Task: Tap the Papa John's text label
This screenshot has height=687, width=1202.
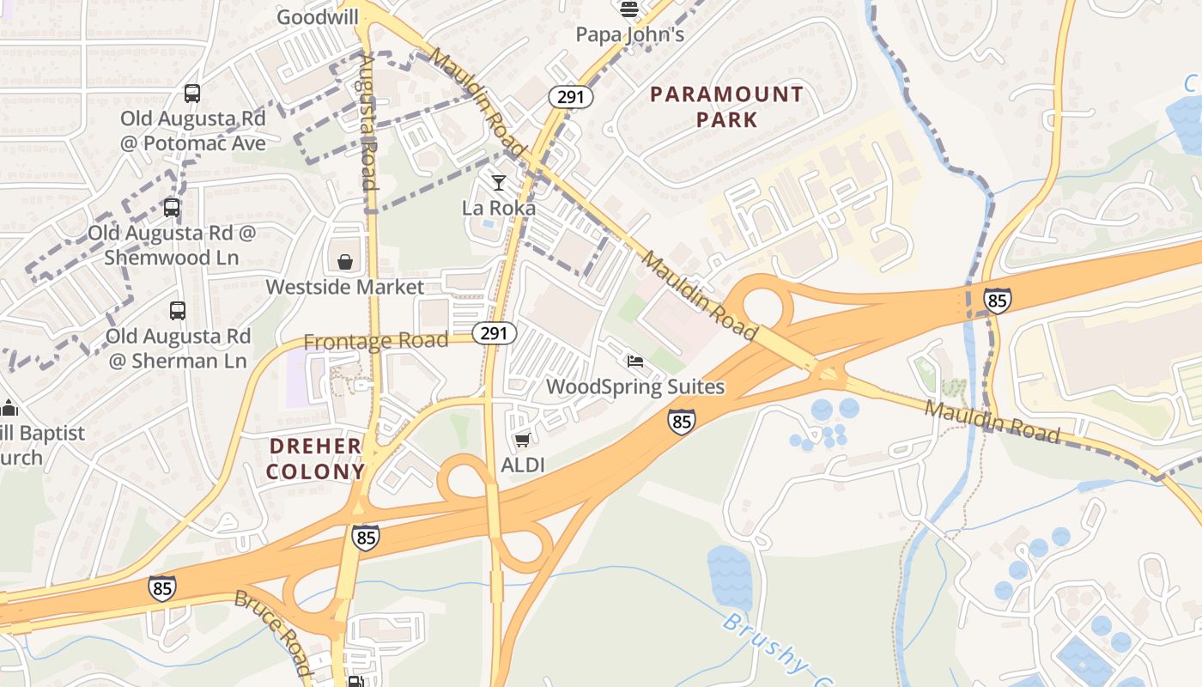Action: (629, 34)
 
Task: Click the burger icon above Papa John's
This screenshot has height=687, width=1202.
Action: (629, 9)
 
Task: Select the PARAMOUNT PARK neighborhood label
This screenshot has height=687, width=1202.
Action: (726, 106)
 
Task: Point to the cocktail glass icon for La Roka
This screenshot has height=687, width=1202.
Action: (499, 182)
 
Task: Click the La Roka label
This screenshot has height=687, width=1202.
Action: (499, 208)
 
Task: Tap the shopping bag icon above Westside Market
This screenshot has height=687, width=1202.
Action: (344, 261)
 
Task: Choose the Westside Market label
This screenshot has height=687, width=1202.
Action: (345, 287)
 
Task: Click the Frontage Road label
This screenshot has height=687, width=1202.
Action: (376, 341)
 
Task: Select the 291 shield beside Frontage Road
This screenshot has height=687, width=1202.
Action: (494, 332)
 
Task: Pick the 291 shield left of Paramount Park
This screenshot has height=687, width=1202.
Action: (571, 97)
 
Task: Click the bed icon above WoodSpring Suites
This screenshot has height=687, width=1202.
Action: (634, 362)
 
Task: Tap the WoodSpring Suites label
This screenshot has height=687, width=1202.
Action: (635, 387)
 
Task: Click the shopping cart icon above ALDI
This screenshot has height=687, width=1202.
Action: (521, 441)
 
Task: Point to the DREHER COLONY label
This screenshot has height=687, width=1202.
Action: (315, 459)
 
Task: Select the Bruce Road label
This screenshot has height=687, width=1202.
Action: (272, 632)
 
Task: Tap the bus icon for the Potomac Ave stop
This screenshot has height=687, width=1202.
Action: (192, 94)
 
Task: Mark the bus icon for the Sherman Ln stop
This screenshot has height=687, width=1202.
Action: (178, 311)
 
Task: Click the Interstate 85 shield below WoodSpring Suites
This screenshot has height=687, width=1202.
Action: (681, 421)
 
